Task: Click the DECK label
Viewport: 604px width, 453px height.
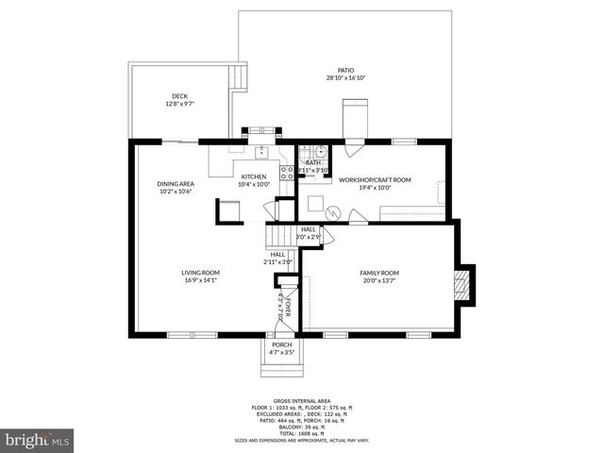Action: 178,95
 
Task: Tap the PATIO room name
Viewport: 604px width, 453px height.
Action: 344,72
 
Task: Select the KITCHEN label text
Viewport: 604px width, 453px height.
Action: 254,176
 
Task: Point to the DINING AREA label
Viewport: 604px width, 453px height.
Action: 175,184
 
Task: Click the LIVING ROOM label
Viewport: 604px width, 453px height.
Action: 200,274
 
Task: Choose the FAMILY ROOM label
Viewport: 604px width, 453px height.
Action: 379,274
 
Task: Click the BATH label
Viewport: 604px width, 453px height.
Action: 312,162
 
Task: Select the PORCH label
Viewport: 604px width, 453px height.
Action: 281,344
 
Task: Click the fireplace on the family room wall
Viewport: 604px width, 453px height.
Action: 462,285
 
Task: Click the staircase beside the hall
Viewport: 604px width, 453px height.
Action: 279,236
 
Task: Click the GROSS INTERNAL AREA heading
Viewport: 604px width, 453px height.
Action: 301,400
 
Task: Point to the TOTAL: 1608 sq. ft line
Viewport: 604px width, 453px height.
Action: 301,431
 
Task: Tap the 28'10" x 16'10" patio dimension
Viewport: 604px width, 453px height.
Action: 344,79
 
